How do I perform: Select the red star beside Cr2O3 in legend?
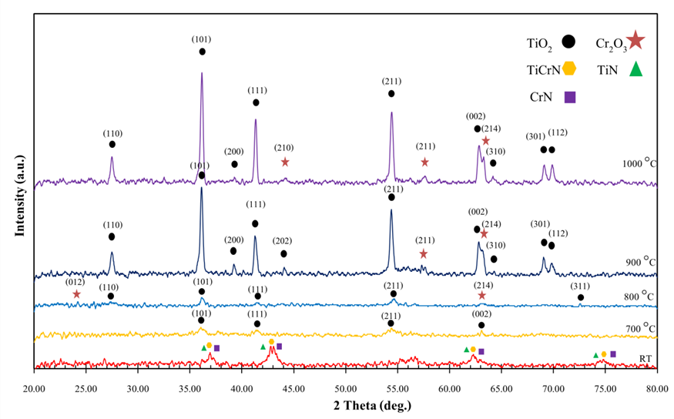pyautogui.click(x=635, y=40)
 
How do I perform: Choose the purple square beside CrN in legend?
pyautogui.click(x=570, y=97)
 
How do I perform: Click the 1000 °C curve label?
pyautogui.click(x=639, y=163)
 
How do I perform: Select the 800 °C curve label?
pyautogui.click(x=639, y=296)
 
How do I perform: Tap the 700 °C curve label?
pyautogui.click(x=639, y=328)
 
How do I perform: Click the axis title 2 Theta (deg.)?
pyautogui.click(x=345, y=404)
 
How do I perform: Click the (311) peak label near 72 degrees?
pyautogui.click(x=581, y=286)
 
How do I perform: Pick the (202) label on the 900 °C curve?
pyautogui.click(x=283, y=241)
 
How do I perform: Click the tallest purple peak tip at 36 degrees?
pyautogui.click(x=202, y=74)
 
